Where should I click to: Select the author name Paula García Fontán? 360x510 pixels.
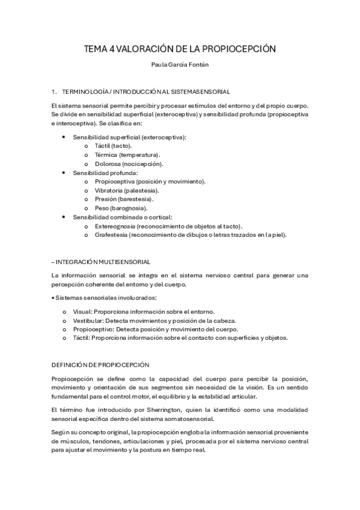[180, 67]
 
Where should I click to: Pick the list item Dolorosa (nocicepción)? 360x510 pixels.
[129, 164]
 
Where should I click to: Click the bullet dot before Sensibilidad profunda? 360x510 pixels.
[64, 173]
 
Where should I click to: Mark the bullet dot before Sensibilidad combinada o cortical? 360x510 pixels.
[64, 217]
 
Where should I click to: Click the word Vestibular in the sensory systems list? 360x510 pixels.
[88, 321]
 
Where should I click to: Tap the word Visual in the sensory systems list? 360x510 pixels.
[82, 312]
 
